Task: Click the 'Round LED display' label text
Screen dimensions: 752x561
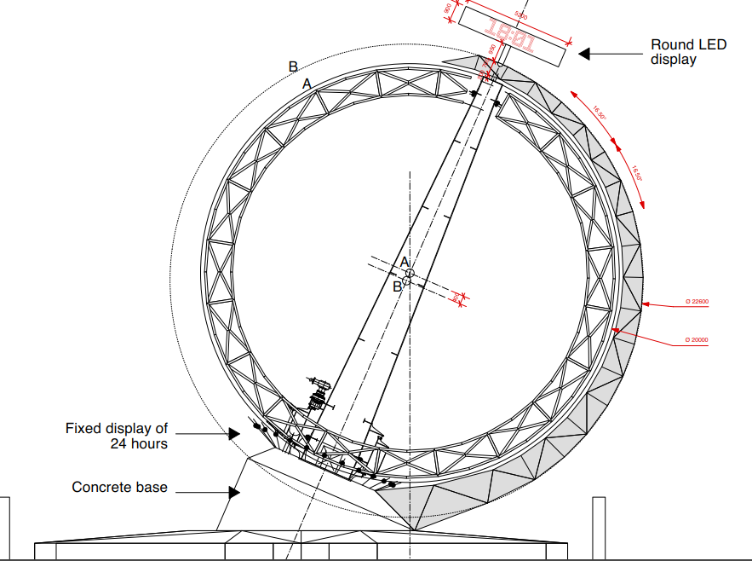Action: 688,52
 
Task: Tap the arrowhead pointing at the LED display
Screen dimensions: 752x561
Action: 584,54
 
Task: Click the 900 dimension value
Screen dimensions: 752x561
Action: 448,9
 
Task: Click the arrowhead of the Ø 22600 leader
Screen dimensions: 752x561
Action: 646,303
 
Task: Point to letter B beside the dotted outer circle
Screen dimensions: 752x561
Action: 293,67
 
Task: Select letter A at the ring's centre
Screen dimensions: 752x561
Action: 405,262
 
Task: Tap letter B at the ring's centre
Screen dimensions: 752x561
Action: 397,286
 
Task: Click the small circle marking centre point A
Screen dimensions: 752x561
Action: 410,273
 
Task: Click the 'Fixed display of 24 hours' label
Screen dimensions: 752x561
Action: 117,436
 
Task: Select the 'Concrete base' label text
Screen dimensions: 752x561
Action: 119,488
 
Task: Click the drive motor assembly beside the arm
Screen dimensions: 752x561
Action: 319,395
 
